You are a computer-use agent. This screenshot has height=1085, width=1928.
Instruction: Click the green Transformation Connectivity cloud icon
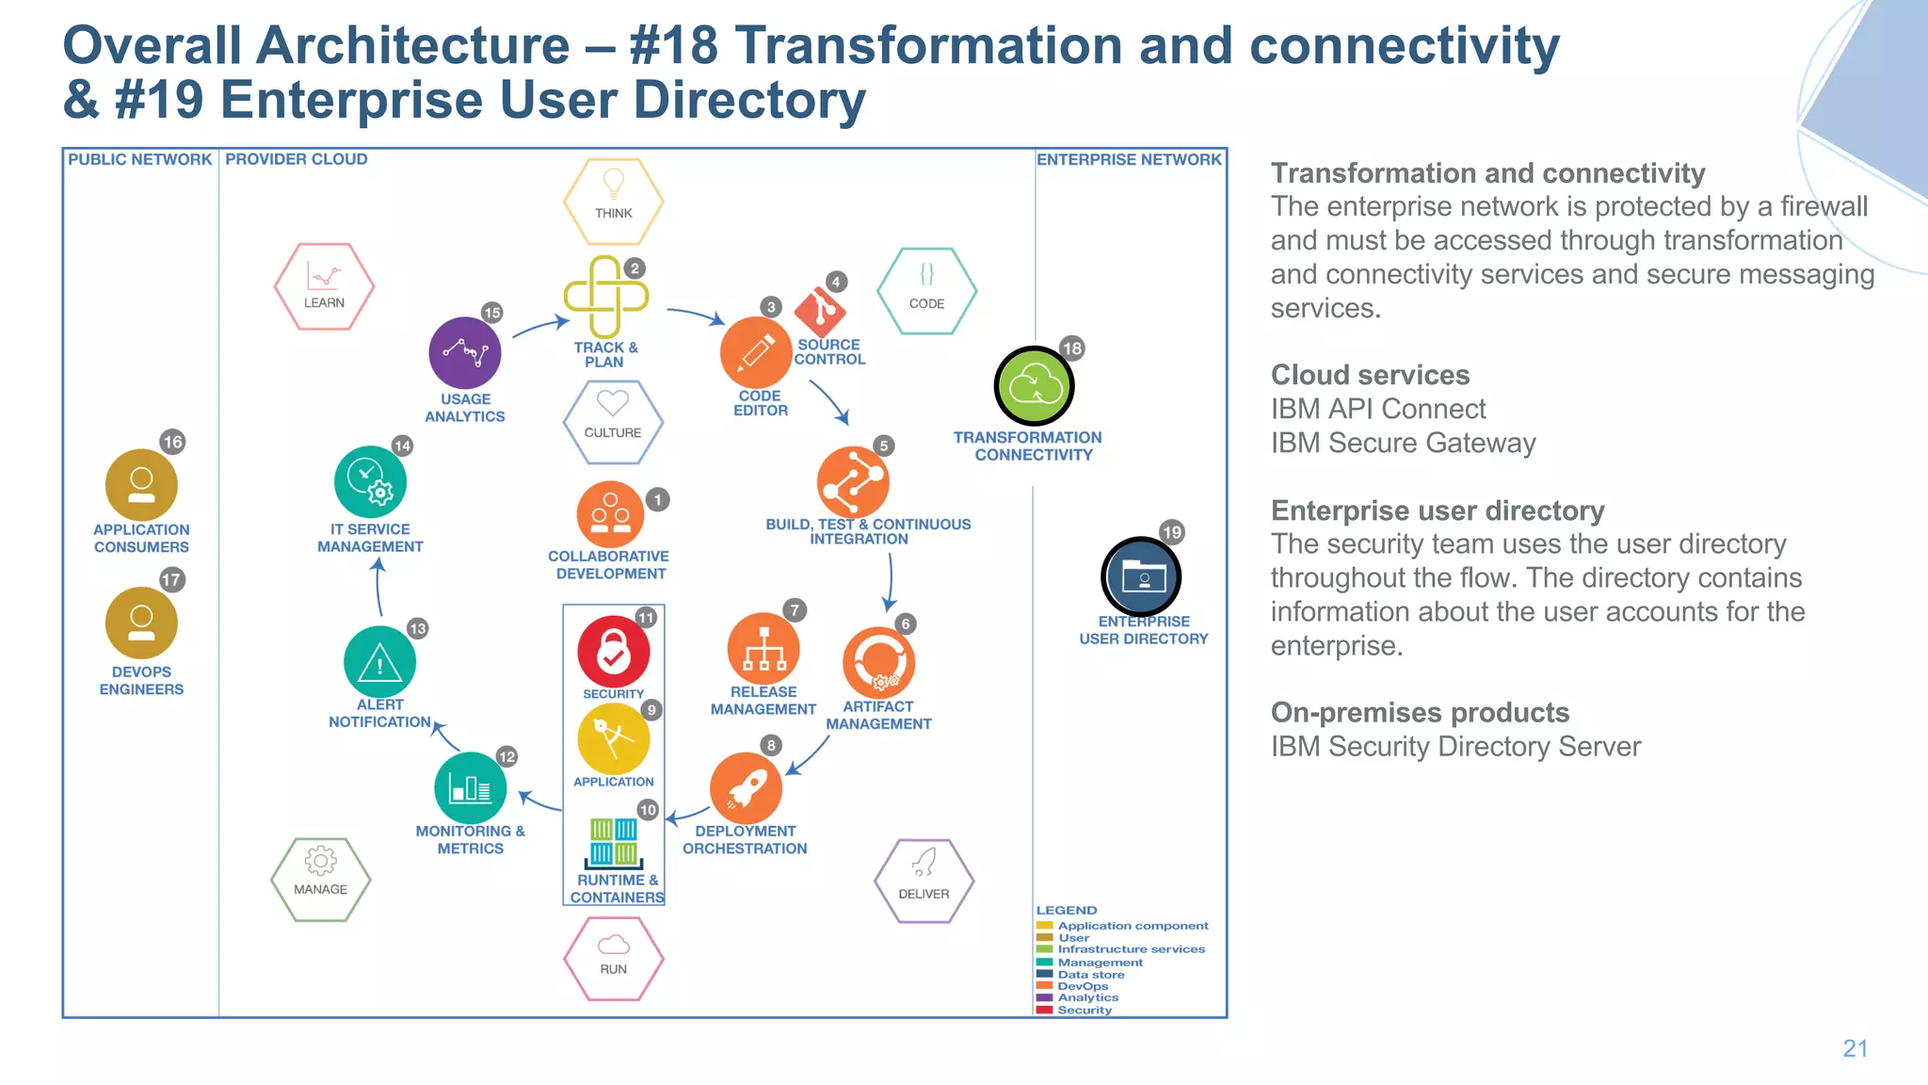[1034, 386]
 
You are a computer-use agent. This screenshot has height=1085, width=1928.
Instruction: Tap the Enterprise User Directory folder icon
[1141, 576]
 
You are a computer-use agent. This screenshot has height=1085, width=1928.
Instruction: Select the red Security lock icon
[613, 651]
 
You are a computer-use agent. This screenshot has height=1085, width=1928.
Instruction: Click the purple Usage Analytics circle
[464, 353]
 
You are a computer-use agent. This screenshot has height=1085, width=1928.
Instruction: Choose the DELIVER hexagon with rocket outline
[924, 881]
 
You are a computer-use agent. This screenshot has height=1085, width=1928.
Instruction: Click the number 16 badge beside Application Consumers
[172, 442]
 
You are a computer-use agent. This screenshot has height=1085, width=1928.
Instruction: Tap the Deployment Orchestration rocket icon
[746, 787]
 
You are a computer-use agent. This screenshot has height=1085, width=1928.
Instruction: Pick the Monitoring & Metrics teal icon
[470, 787]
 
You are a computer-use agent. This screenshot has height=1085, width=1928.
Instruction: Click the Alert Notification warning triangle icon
[379, 662]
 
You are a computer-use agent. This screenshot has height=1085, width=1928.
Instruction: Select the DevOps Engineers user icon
[141, 623]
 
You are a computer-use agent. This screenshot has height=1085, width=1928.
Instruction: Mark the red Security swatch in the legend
[1044, 1010]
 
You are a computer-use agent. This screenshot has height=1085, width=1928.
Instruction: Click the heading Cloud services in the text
[1370, 375]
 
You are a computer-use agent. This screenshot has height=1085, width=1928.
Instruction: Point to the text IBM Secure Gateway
[1403, 443]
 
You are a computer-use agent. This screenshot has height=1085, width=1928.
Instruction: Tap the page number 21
[1855, 1048]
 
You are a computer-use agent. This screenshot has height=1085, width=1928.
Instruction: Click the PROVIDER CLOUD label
[296, 159]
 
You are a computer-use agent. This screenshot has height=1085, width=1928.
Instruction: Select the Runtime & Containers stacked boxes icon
[614, 842]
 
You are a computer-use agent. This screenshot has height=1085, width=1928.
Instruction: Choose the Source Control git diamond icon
[820, 310]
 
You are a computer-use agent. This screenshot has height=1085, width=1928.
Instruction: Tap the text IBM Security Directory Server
[1455, 747]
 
